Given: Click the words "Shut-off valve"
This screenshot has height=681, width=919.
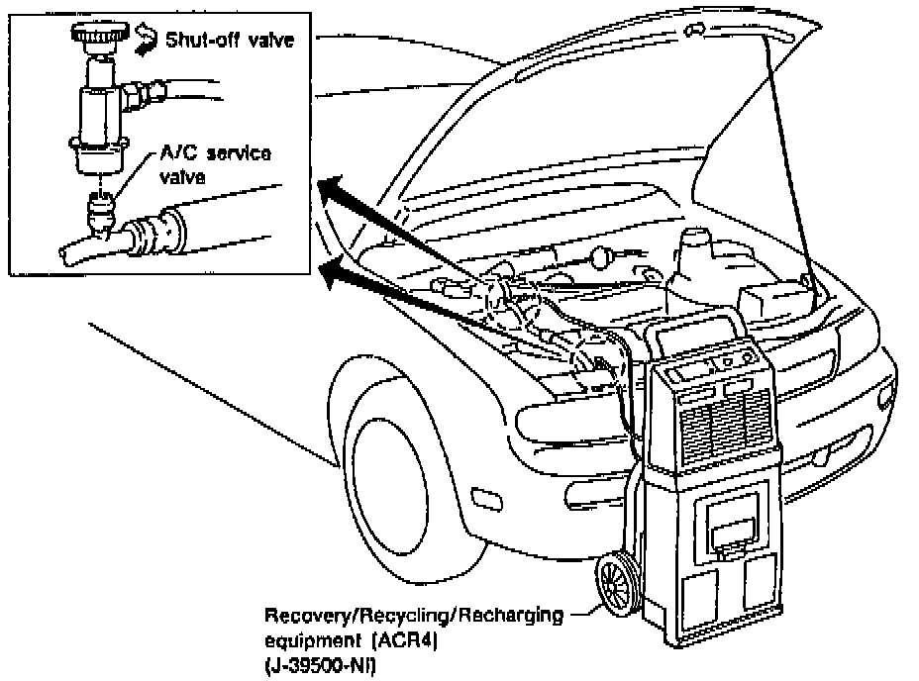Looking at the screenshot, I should [x=229, y=43].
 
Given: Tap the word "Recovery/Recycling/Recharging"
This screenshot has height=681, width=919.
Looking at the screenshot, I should [x=413, y=615].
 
